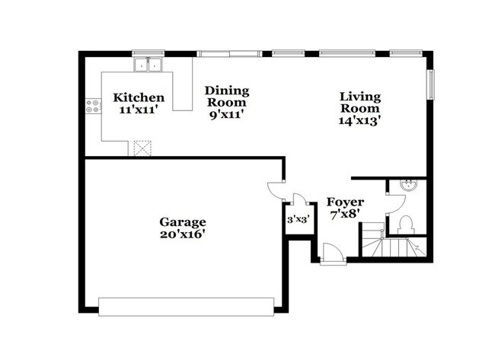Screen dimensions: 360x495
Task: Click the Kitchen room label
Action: click(x=138, y=97)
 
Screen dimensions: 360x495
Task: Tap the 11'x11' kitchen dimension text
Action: click(x=138, y=110)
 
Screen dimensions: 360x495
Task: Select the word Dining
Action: click(x=227, y=91)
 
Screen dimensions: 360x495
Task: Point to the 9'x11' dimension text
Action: click(x=227, y=114)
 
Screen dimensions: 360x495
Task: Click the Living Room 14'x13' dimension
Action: click(x=359, y=119)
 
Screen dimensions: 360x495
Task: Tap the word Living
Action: click(x=359, y=96)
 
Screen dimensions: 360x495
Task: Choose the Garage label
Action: click(x=182, y=222)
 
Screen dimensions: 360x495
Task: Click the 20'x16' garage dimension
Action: click(x=182, y=234)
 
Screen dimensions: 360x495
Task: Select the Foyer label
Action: click(x=345, y=202)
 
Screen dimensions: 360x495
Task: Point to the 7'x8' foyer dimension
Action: click(x=345, y=215)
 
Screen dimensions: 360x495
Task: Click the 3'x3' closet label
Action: click(x=298, y=221)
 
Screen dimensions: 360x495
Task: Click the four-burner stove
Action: click(x=94, y=106)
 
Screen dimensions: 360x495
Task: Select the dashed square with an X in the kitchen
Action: click(x=142, y=148)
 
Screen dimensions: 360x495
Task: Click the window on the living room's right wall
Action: click(x=431, y=84)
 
